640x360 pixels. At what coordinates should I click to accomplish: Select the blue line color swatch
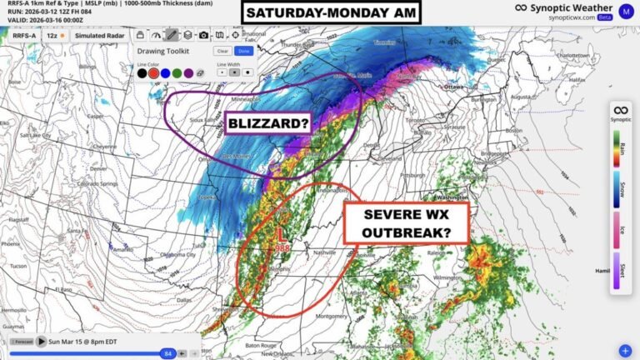pos(166,72)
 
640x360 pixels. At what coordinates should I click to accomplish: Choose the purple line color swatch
pos(189,72)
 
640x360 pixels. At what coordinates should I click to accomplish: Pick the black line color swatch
pos(142,72)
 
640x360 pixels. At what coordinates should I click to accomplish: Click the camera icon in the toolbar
pos(203,36)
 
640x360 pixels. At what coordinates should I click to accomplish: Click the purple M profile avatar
pos(625,10)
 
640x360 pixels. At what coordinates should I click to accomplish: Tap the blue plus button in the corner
pos(625,350)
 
